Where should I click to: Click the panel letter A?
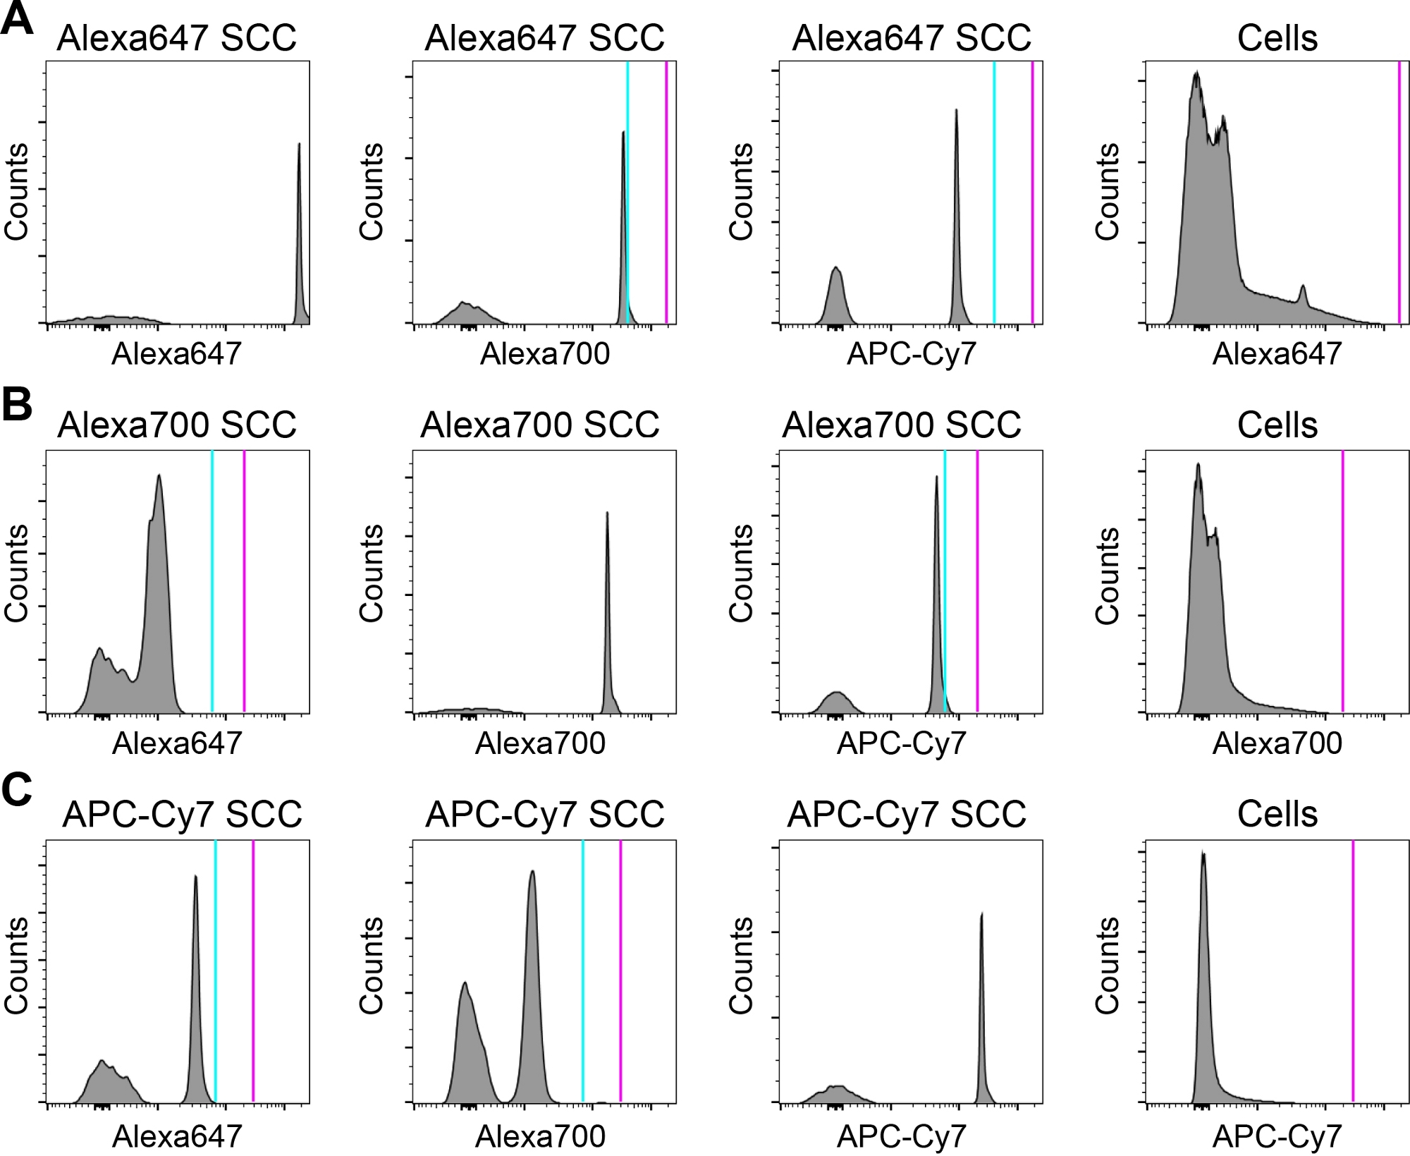coord(17,19)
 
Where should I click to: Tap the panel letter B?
coord(17,406)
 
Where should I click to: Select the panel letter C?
coord(17,791)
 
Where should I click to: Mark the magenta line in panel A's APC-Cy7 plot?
coord(1032,190)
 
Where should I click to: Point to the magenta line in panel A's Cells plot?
coord(1399,190)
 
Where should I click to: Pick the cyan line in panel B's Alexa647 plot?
coord(212,578)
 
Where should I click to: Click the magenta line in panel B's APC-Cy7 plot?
coord(977,578)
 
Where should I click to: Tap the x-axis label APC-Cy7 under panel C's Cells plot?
coord(1277,1136)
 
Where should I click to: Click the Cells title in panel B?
coord(1277,425)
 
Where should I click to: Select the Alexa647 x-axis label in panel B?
coord(177,743)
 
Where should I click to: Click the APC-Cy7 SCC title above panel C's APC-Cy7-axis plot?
coord(906,814)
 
